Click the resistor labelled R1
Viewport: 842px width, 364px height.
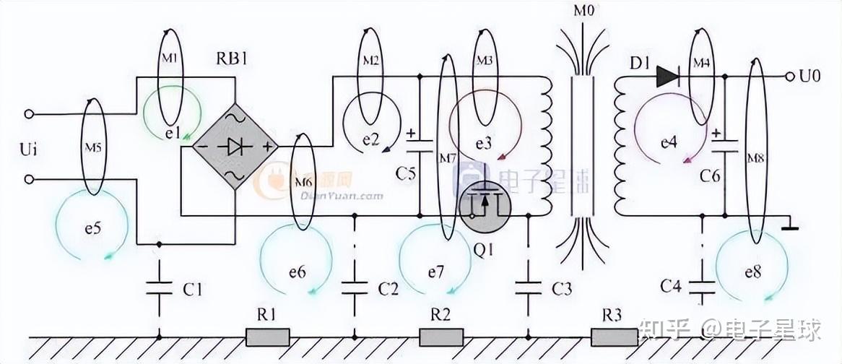tap(268, 337)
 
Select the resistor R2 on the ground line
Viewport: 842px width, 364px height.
tap(440, 337)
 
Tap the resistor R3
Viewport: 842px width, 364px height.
tap(614, 337)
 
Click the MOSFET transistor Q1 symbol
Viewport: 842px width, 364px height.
tap(485, 206)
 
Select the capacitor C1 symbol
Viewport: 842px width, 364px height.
tap(159, 288)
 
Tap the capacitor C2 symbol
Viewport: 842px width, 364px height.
tap(355, 288)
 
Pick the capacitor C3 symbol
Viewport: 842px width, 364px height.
tap(529, 288)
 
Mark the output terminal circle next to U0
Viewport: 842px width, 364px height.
tap(789, 76)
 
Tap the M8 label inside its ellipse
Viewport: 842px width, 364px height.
tap(755, 157)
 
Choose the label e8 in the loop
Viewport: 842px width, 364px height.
tap(752, 272)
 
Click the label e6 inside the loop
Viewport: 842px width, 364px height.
tap(297, 272)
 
